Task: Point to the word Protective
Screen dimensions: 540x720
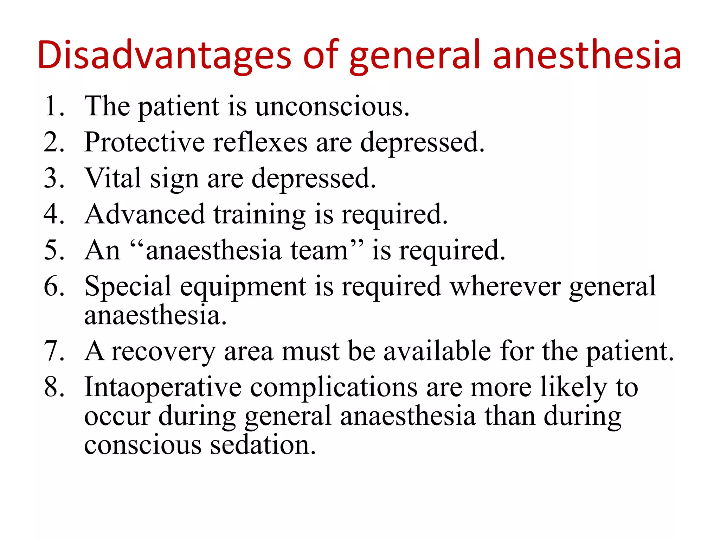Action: coord(144,142)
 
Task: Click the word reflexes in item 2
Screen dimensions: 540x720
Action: coord(260,142)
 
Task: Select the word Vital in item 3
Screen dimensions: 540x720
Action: coord(113,178)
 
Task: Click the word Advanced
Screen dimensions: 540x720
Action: coord(144,214)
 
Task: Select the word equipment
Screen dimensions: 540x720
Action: coord(243,286)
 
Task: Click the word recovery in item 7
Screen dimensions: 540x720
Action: coord(163,351)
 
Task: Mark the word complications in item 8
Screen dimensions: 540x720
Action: coord(334,387)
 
